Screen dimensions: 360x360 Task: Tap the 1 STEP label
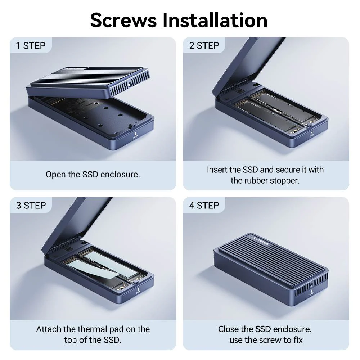click(x=31, y=46)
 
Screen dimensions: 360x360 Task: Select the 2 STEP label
click(x=204, y=46)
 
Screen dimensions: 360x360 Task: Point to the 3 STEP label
click(x=31, y=205)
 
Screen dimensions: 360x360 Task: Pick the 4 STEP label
click(x=204, y=205)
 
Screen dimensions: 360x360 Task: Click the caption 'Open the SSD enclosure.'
click(x=93, y=175)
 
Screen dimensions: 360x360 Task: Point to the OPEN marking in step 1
click(x=135, y=136)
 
